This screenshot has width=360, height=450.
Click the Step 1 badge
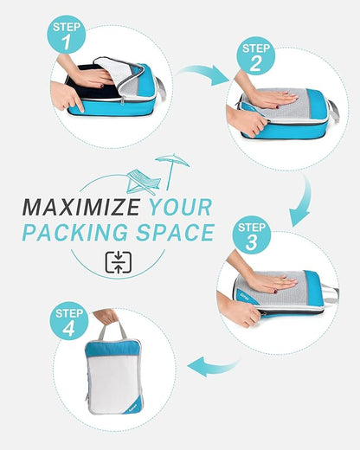click(67, 35)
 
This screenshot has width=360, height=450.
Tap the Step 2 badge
click(255, 56)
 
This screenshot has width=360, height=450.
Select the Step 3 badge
click(251, 237)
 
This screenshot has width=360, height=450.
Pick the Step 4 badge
click(70, 321)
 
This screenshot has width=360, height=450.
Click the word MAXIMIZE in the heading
click(80, 209)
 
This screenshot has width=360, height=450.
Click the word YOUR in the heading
click(180, 209)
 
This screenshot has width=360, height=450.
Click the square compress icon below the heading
click(117, 262)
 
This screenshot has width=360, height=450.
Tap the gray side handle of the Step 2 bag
click(333, 112)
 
